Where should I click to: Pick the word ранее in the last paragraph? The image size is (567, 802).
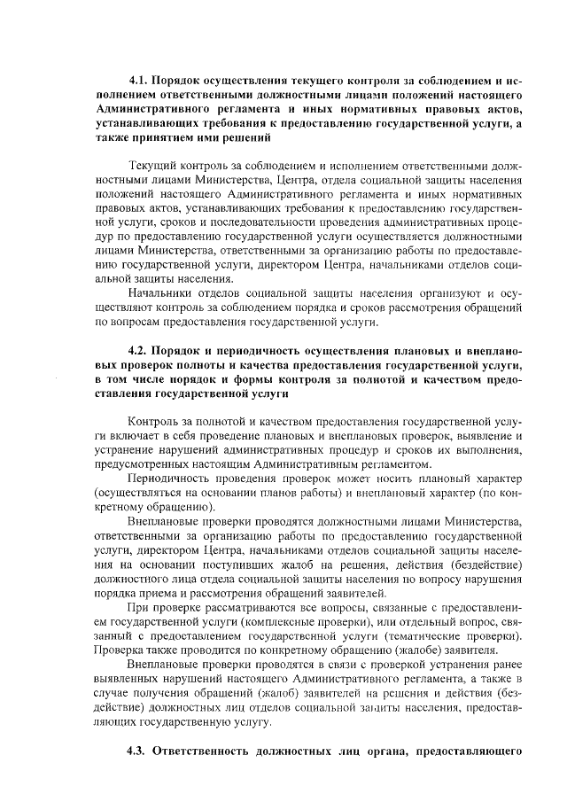click(504, 665)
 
